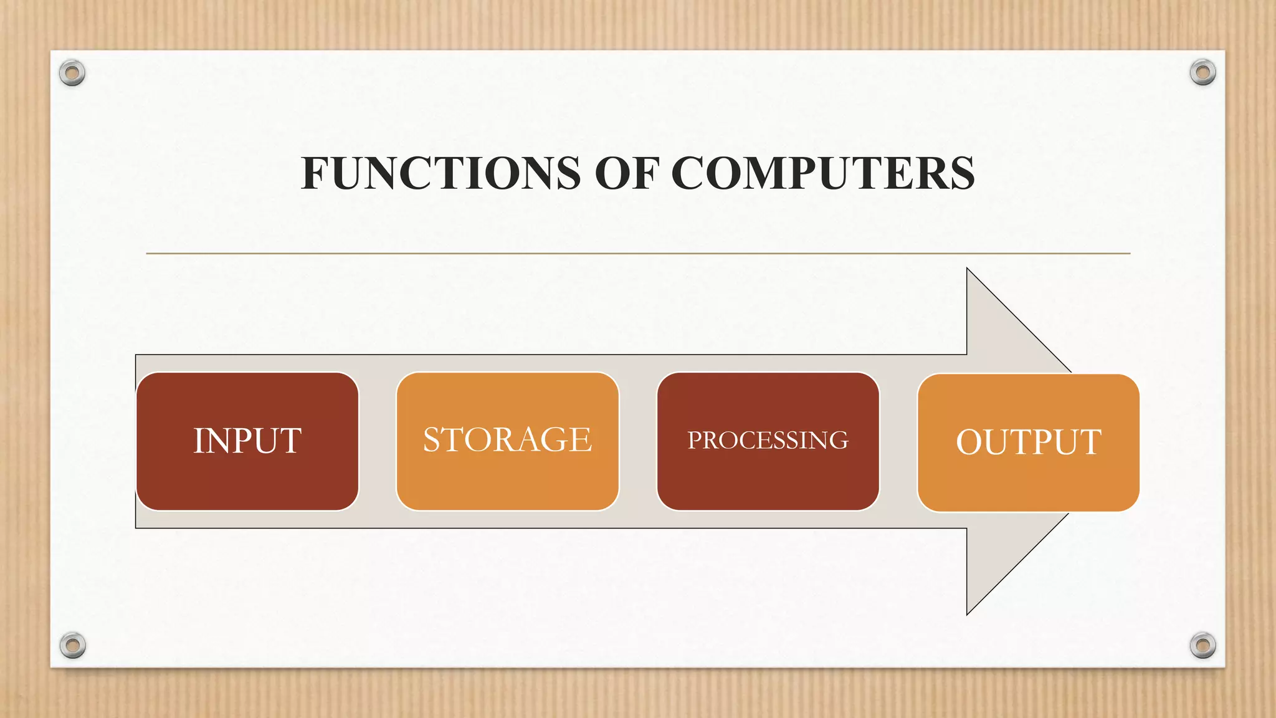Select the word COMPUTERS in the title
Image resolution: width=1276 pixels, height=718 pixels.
click(x=822, y=173)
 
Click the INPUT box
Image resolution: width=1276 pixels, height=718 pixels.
click(x=247, y=474)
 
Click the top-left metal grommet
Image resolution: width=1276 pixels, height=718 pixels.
click(x=72, y=74)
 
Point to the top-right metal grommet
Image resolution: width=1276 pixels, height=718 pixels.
click(x=1202, y=73)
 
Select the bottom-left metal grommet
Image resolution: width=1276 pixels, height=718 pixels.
click(x=72, y=645)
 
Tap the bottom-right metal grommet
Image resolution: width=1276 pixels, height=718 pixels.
click(x=1202, y=645)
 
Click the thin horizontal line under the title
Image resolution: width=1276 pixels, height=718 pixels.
click(x=638, y=254)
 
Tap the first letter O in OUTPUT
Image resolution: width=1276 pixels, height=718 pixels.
click(x=969, y=442)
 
